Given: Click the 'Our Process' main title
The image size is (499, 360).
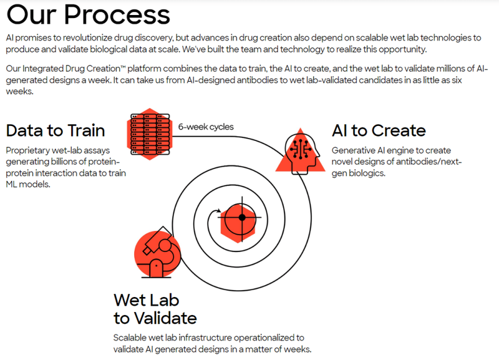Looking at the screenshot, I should coord(88,14).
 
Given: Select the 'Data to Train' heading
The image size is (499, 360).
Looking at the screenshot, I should coord(55,131).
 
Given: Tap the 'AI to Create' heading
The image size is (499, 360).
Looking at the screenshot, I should coord(379,130).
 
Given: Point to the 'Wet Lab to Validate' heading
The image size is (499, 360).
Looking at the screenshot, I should coord(155,308).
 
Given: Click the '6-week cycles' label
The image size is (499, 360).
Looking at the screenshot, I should coord(206,127).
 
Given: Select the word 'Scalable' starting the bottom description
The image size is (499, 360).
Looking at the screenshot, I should coord(132,338).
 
